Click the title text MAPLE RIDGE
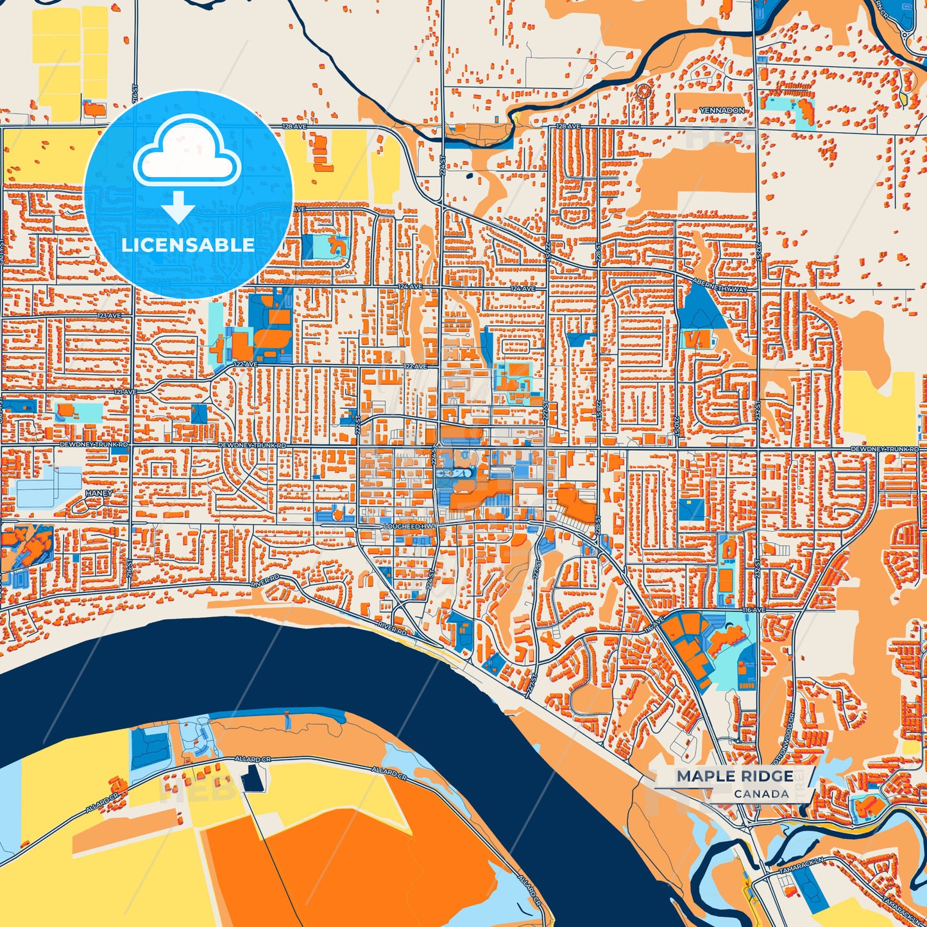(735, 776)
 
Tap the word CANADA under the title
(761, 794)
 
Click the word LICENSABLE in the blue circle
(188, 245)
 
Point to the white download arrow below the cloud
(178, 207)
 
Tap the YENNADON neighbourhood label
(722, 111)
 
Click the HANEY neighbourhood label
(98, 493)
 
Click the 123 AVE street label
(109, 316)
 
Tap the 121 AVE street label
(125, 392)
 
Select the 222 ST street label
(360, 423)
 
